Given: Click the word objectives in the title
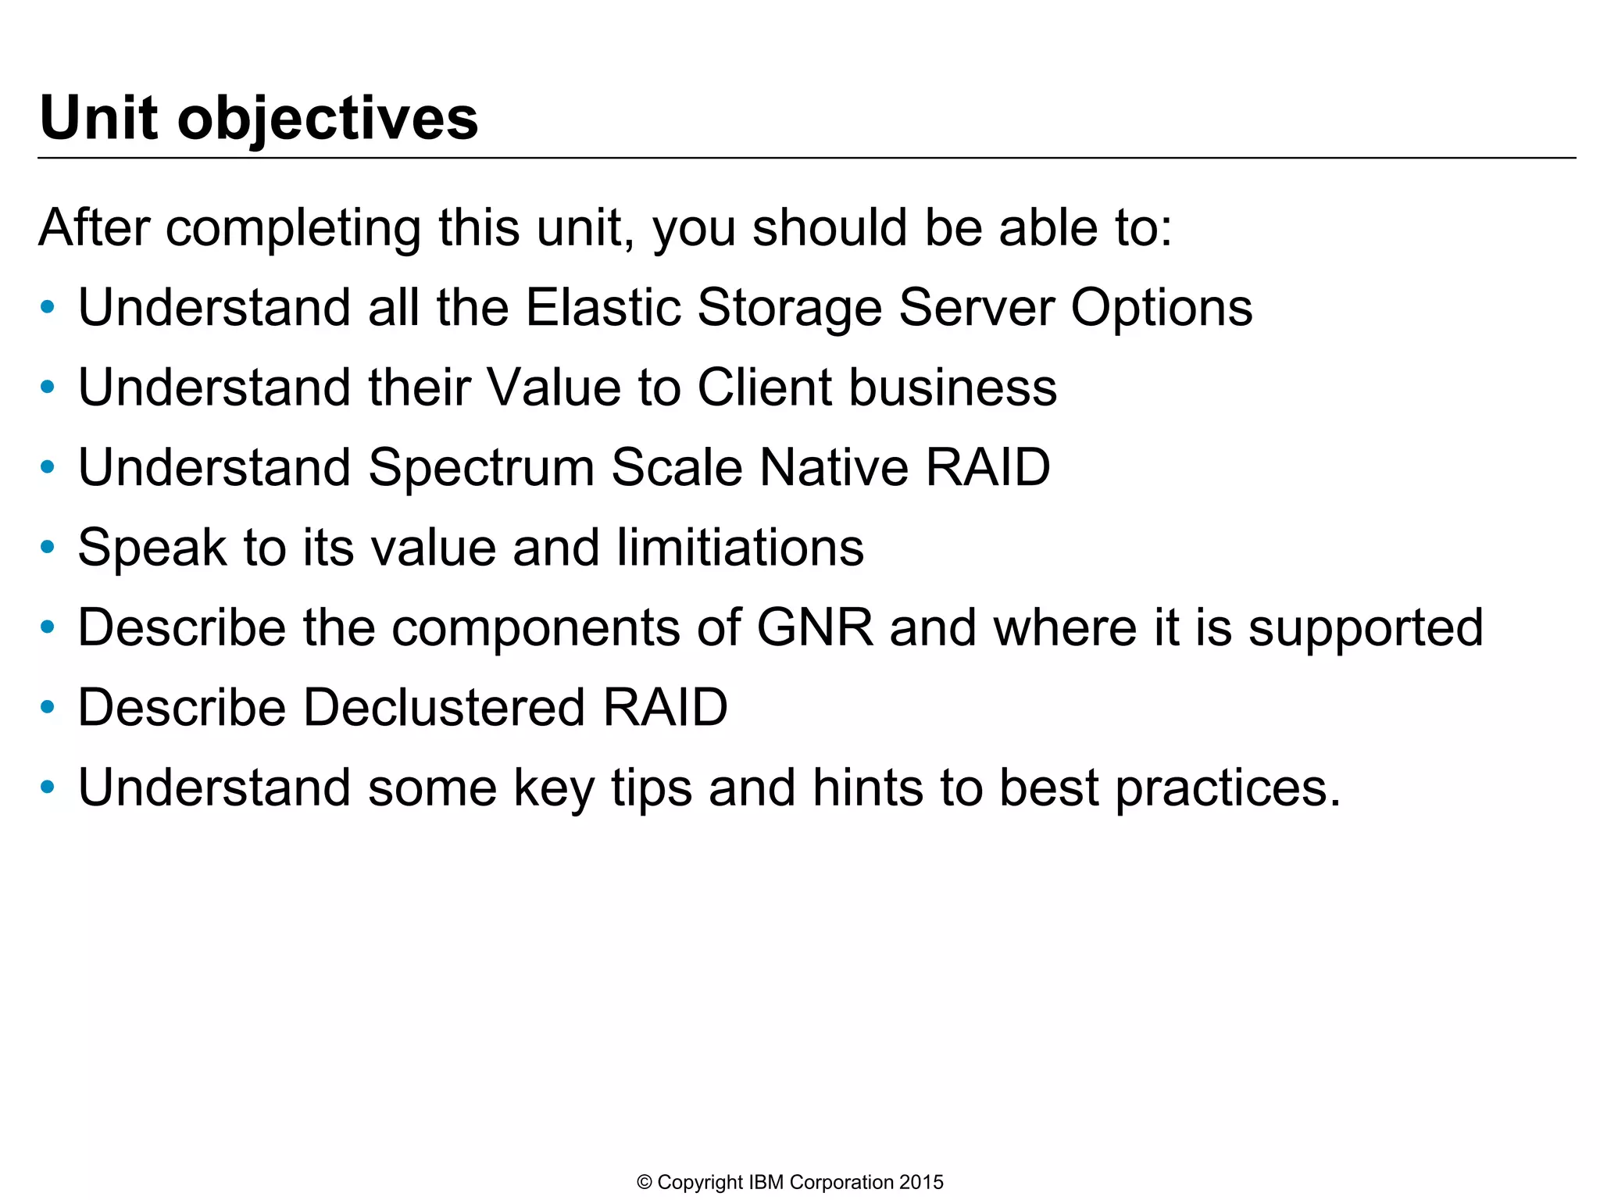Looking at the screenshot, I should tap(327, 119).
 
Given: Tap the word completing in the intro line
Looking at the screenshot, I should tap(292, 228).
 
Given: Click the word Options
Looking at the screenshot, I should tap(1161, 307).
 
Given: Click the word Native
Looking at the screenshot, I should tap(834, 468).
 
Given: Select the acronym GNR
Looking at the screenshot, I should tap(814, 627).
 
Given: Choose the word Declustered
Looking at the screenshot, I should tap(443, 708).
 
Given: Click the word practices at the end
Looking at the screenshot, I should tap(1227, 788).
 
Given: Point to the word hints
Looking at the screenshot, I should tap(868, 787).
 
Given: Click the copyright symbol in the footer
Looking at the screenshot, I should tap(645, 1182).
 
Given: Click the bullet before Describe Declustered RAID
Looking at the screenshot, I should tap(48, 708).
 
